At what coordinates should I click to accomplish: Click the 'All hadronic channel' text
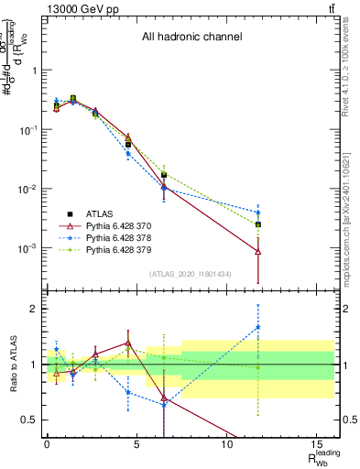191,38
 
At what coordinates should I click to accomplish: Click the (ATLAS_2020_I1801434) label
191,274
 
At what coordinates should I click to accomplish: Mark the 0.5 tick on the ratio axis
30,420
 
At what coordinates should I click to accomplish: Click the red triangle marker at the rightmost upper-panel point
258,251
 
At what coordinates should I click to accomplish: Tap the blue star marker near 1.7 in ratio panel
258,326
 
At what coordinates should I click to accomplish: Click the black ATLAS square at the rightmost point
258,224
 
